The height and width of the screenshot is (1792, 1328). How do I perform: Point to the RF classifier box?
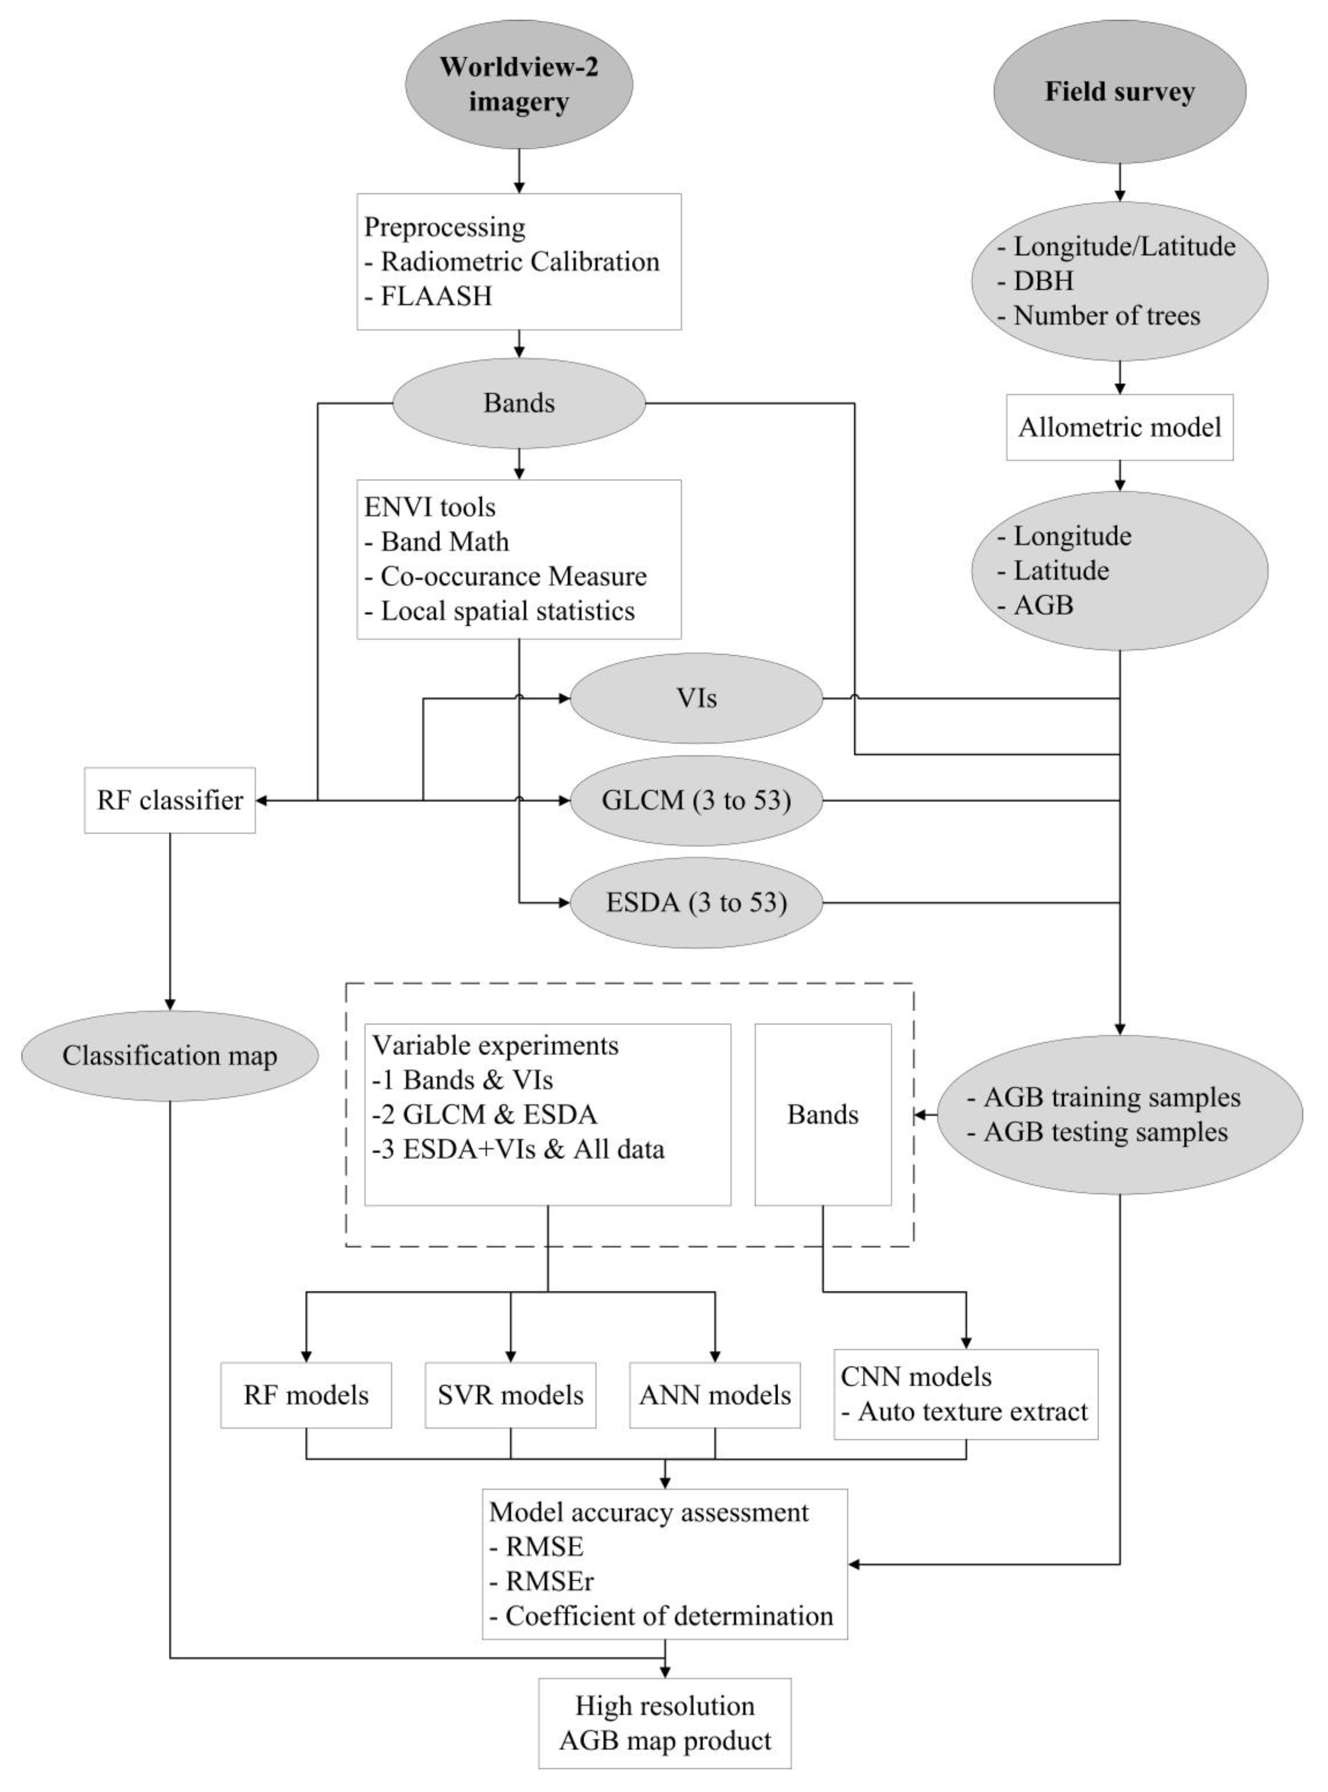click(170, 800)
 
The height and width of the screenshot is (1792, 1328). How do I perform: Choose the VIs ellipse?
click(696, 698)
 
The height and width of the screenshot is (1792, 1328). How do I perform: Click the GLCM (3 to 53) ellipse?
click(696, 800)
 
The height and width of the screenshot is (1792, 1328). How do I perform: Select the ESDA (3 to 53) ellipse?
click(696, 903)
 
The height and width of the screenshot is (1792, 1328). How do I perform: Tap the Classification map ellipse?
click(170, 1055)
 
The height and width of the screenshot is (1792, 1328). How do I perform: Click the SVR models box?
click(511, 1395)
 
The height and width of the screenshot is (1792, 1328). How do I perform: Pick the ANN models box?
click(715, 1395)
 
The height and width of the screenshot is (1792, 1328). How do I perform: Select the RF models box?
click(306, 1395)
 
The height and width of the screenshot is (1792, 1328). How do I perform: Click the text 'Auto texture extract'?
click(973, 1412)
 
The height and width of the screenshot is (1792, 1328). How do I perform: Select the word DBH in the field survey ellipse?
click(1043, 281)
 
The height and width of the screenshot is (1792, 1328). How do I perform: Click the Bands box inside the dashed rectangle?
click(822, 1114)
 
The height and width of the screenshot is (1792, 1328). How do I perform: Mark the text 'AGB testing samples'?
click(1105, 1132)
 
